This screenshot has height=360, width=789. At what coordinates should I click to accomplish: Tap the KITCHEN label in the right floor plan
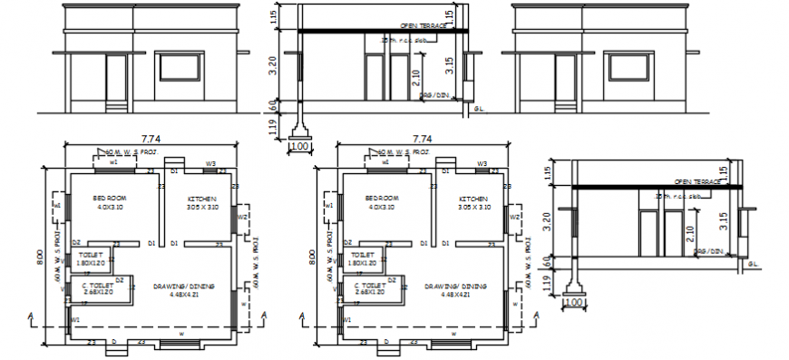(472, 198)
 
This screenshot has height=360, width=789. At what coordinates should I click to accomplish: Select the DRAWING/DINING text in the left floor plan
(184, 286)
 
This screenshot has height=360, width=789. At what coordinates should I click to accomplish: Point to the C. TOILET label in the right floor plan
(369, 286)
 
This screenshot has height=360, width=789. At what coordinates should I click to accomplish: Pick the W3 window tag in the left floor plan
(209, 164)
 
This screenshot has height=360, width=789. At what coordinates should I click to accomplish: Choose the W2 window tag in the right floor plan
(513, 218)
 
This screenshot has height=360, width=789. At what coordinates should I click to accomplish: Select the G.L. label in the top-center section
(478, 107)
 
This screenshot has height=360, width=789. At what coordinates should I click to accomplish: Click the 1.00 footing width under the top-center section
(299, 145)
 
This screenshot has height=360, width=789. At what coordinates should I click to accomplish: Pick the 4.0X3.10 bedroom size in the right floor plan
(381, 207)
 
